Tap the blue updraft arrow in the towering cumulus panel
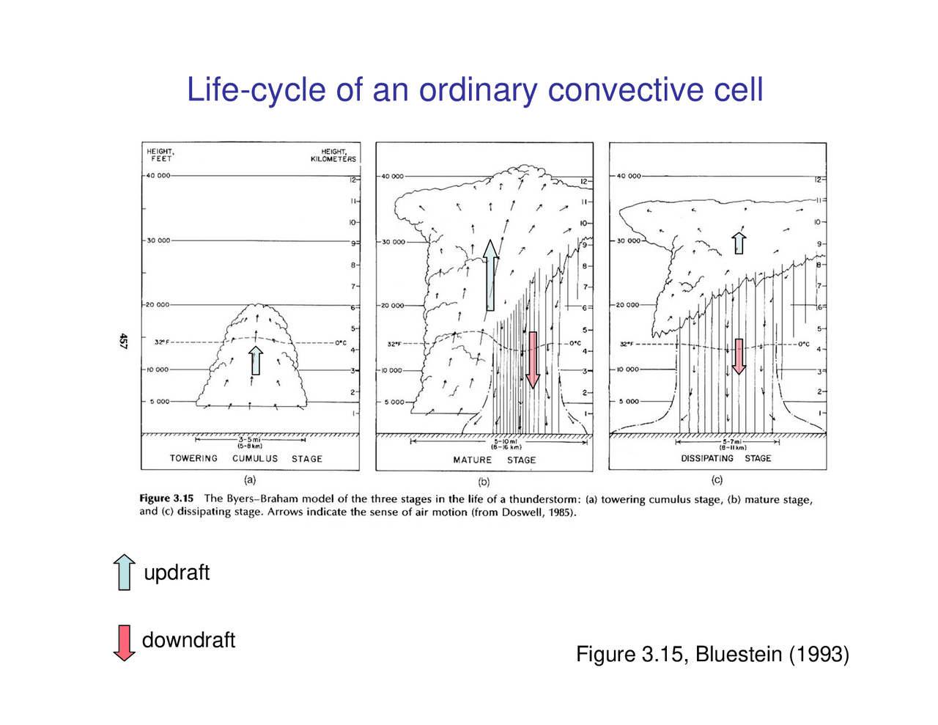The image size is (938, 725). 255,360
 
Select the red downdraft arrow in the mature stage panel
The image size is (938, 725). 533,359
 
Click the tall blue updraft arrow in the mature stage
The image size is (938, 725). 490,275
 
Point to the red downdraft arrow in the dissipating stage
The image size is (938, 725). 739,356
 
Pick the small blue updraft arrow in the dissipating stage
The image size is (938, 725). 739,243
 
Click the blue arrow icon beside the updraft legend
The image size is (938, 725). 125,572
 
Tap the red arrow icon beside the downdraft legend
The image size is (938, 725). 124,642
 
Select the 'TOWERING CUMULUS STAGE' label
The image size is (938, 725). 245,459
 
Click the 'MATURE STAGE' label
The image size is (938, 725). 494,460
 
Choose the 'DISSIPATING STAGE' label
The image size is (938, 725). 725,458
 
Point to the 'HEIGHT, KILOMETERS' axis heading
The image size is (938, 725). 333,155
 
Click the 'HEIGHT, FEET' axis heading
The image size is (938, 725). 160,155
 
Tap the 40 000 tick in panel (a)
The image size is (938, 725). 158,176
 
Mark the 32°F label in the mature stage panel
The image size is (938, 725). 396,343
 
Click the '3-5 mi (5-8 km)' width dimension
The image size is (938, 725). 250,443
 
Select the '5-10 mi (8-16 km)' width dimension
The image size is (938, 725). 506,444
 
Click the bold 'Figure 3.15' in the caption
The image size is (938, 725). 166,498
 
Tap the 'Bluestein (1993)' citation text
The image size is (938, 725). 772,654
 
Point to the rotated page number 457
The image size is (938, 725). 123,341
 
